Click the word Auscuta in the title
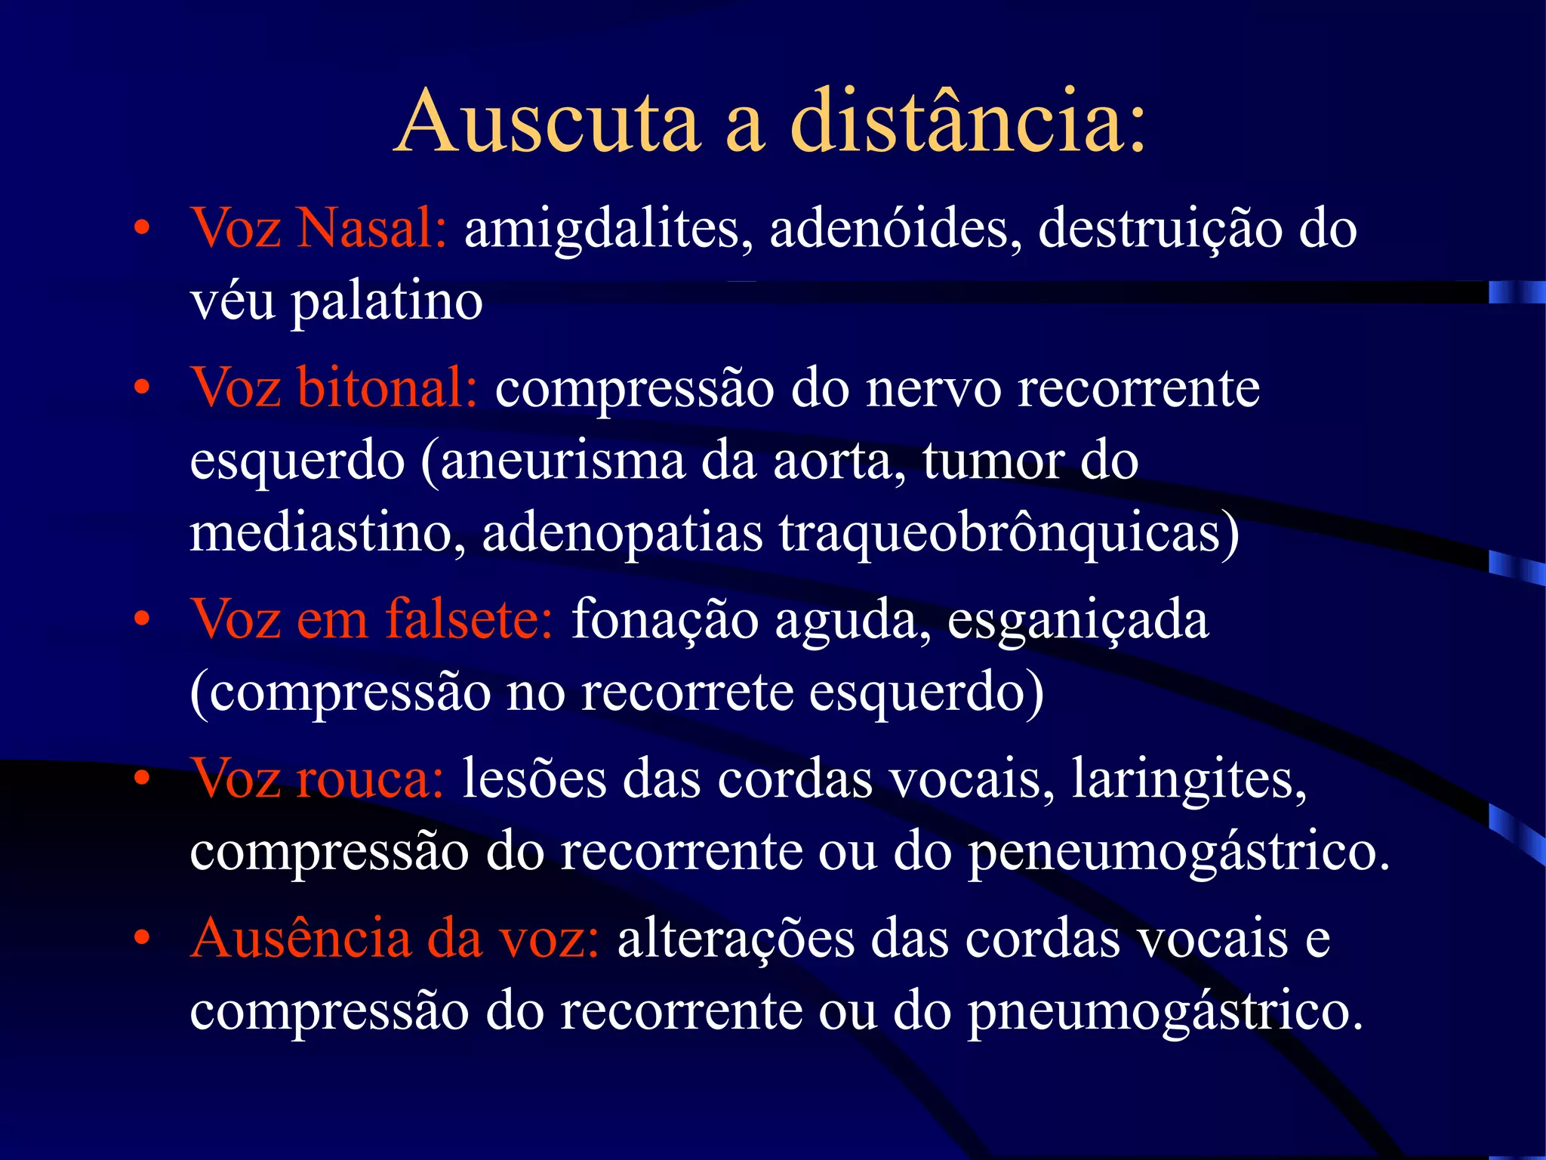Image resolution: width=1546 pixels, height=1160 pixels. point(548,122)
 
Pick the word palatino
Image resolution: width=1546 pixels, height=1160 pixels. point(387,302)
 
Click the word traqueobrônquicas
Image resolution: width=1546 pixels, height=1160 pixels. point(1009,533)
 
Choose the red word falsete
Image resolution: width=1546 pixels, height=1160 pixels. point(469,619)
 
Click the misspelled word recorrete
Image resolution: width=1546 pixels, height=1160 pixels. point(687,692)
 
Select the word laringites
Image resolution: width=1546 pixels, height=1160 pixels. point(1189,780)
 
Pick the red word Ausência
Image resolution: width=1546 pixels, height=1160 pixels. point(301,939)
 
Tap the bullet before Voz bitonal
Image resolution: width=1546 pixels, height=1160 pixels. point(141,388)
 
